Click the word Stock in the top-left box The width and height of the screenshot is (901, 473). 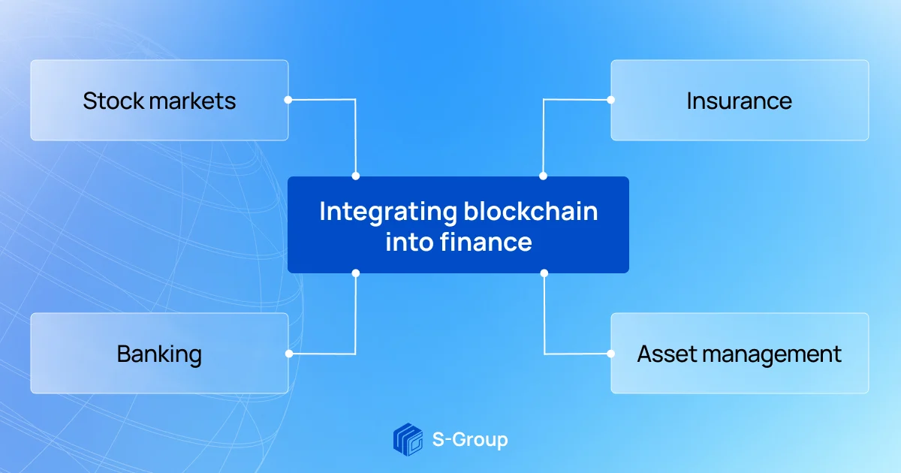[x=113, y=101]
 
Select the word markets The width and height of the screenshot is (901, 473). [x=192, y=101]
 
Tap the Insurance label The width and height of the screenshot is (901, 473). [x=740, y=101]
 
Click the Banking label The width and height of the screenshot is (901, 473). [x=159, y=354]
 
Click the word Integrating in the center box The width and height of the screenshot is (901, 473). [x=388, y=212]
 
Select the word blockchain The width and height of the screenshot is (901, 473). [x=531, y=211]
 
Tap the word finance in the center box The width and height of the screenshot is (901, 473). [x=486, y=242]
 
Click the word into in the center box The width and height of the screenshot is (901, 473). [x=409, y=242]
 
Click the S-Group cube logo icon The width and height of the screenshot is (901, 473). [x=408, y=440]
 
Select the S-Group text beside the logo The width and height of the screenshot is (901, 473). [x=470, y=440]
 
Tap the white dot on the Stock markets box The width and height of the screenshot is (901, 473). [x=288, y=100]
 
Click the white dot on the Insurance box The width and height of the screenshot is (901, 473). [x=610, y=100]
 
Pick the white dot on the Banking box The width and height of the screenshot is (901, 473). [x=289, y=354]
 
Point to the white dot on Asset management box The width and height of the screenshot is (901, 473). [x=610, y=354]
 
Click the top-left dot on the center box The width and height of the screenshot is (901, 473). [x=356, y=176]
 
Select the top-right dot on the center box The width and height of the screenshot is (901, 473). [x=543, y=176]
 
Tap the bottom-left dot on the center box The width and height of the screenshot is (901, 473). [x=356, y=273]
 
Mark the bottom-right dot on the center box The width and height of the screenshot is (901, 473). [x=544, y=273]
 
